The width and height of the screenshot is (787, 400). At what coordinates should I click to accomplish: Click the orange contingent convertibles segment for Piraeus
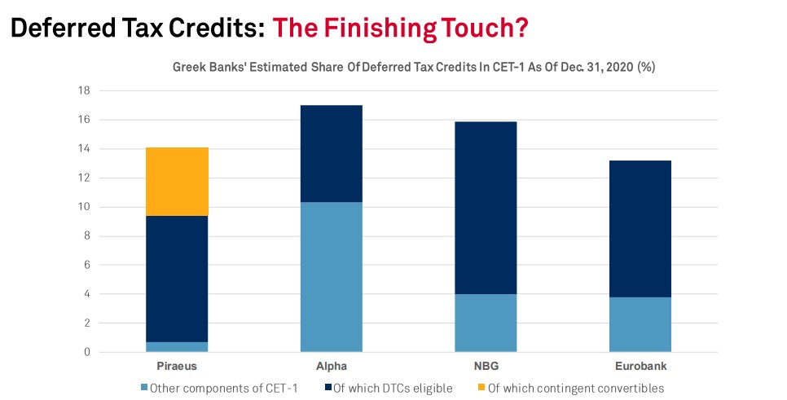pyautogui.click(x=177, y=182)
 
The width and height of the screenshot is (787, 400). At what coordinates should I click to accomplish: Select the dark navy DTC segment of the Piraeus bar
pyautogui.click(x=177, y=279)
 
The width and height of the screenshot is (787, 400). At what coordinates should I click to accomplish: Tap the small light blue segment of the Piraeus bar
pyautogui.click(x=177, y=347)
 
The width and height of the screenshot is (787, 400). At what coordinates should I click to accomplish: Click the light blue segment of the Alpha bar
pyautogui.click(x=332, y=277)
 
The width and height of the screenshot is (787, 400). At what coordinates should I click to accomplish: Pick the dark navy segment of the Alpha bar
pyautogui.click(x=332, y=154)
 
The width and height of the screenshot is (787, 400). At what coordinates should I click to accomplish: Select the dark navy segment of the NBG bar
pyautogui.click(x=486, y=208)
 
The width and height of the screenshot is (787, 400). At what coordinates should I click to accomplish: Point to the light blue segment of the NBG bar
pyautogui.click(x=486, y=323)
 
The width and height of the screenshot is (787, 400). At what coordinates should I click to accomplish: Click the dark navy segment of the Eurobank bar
pyautogui.click(x=640, y=229)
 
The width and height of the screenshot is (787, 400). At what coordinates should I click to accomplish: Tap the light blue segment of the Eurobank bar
pyautogui.click(x=640, y=324)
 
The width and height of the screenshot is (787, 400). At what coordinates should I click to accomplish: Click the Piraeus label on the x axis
pyautogui.click(x=177, y=367)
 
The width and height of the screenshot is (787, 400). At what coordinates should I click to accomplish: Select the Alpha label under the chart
pyautogui.click(x=332, y=366)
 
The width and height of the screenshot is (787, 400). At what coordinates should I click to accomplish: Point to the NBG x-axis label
pyautogui.click(x=486, y=366)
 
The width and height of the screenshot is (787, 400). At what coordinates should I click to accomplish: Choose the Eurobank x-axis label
pyautogui.click(x=641, y=366)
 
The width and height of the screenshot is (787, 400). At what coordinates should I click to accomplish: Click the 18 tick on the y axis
pyautogui.click(x=84, y=91)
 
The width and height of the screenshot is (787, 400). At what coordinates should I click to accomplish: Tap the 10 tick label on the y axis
pyautogui.click(x=84, y=207)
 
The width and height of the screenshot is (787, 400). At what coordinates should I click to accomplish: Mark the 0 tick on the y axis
pyautogui.click(x=87, y=352)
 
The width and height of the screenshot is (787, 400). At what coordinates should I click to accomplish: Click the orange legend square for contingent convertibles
pyautogui.click(x=481, y=388)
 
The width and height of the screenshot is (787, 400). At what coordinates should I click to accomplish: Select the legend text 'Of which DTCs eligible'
pyautogui.click(x=393, y=389)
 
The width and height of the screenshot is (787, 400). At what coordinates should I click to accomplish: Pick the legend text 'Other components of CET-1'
pyautogui.click(x=223, y=389)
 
